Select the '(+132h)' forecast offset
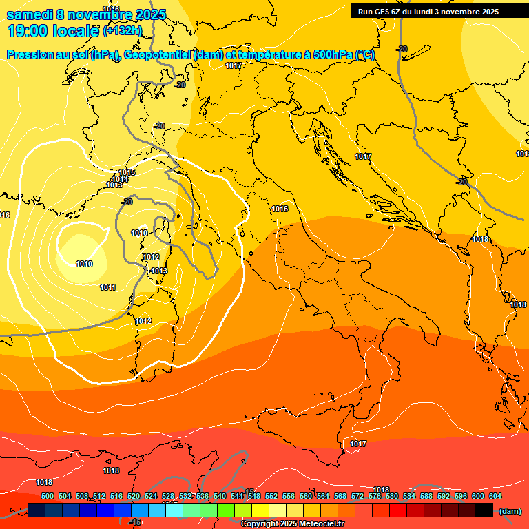(123, 30)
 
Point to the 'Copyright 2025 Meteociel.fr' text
(292, 523)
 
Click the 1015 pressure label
(127, 172)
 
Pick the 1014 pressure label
(120, 179)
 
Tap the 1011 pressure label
(107, 287)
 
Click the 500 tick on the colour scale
(48, 496)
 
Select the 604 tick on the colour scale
(495, 496)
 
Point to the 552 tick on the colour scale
(271, 496)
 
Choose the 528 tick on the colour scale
(168, 496)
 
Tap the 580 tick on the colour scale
(392, 496)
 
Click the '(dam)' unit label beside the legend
(510, 510)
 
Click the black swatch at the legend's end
(484, 510)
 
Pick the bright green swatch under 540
(225, 510)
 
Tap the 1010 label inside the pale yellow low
(84, 264)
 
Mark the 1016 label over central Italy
(280, 208)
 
